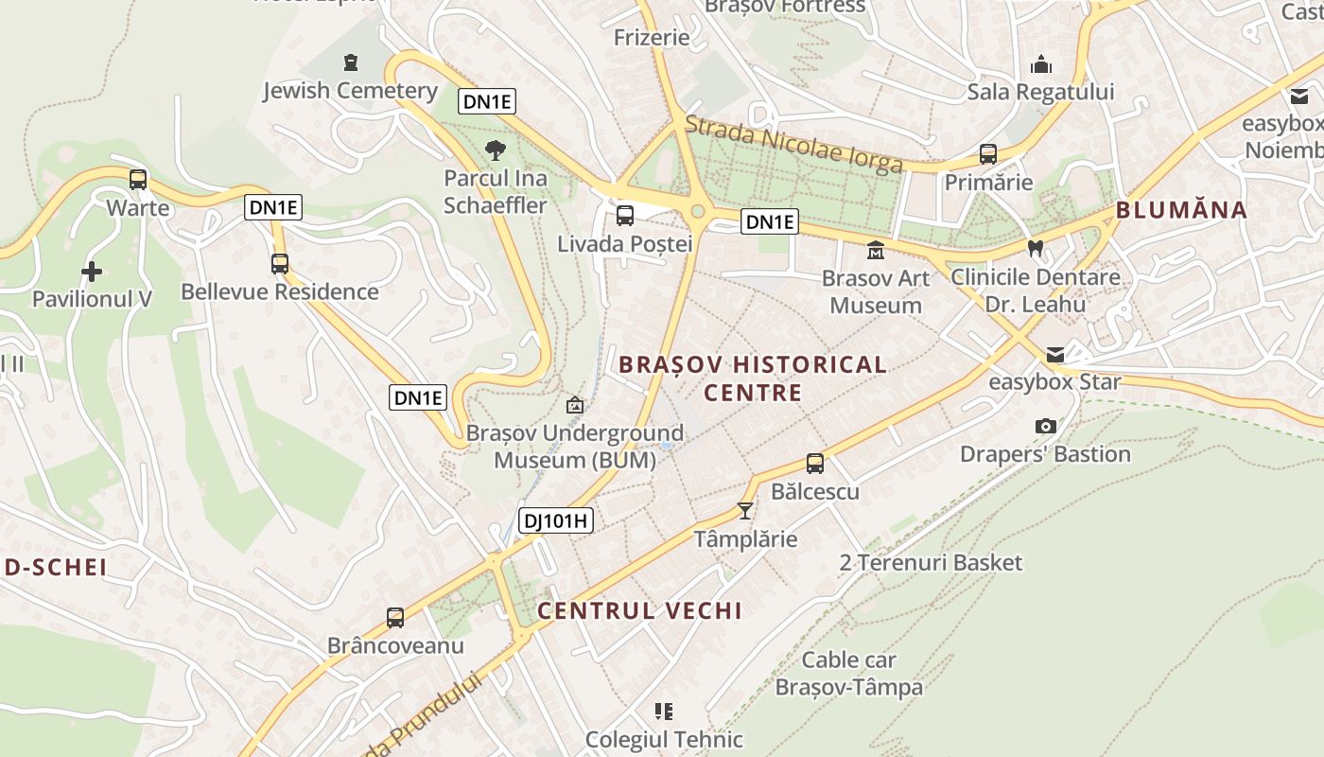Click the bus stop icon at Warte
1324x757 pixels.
tap(138, 179)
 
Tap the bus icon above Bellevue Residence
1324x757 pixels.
tap(279, 264)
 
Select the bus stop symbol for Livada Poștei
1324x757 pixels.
tap(625, 216)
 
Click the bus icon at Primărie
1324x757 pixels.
tap(988, 154)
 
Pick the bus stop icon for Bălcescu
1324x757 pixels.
tap(815, 464)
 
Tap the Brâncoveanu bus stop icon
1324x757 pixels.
tap(395, 618)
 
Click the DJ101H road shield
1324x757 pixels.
tap(556, 519)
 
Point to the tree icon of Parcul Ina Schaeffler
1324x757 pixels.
tap(495, 150)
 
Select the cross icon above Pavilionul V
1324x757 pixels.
tap(92, 273)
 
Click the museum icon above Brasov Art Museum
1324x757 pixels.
tap(876, 251)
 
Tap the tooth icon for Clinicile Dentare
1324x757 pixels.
tap(1036, 249)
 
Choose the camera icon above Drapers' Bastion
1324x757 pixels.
tap(1045, 427)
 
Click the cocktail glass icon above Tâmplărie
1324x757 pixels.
tap(745, 511)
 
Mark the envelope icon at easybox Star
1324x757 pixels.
tap(1054, 355)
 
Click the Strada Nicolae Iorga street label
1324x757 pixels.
tap(793, 144)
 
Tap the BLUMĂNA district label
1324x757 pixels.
tap(1181, 210)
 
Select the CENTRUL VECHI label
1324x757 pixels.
tap(639, 610)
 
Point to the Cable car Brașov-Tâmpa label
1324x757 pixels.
tap(848, 673)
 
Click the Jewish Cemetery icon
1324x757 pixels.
tap(351, 63)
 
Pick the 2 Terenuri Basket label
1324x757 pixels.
tap(931, 563)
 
